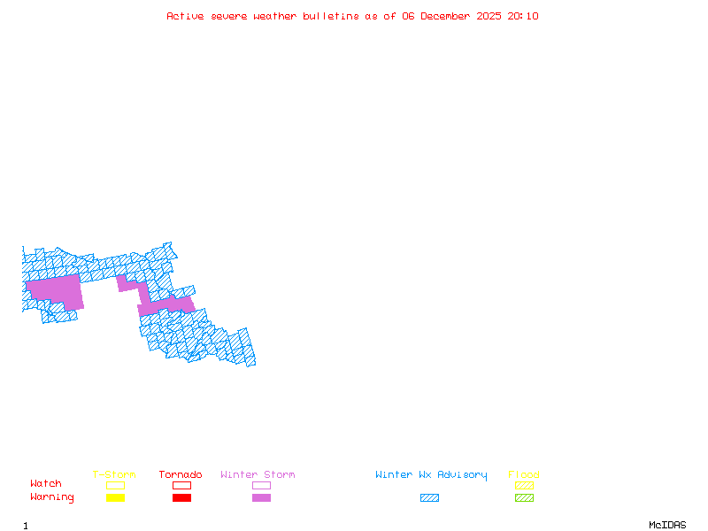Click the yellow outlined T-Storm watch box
tap(115, 485)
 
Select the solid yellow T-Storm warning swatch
tap(115, 498)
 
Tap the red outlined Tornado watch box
tap(181, 485)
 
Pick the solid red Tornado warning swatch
tap(181, 498)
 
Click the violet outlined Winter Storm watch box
tap(261, 485)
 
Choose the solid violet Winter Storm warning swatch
tap(261, 498)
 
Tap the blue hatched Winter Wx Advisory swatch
tap(429, 498)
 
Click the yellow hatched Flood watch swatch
tap(524, 485)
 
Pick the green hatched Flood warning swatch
tap(524, 498)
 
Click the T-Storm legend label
tap(114, 475)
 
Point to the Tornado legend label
tap(181, 475)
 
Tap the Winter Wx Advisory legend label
tap(431, 475)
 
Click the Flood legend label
tap(524, 475)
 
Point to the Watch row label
tap(46, 484)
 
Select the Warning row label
tap(51, 497)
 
